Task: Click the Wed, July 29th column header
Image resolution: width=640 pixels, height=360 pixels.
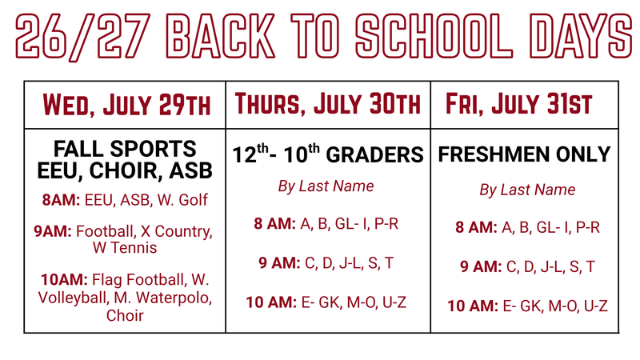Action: coord(126,104)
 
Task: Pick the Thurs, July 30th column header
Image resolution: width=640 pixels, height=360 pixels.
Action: coord(327,104)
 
